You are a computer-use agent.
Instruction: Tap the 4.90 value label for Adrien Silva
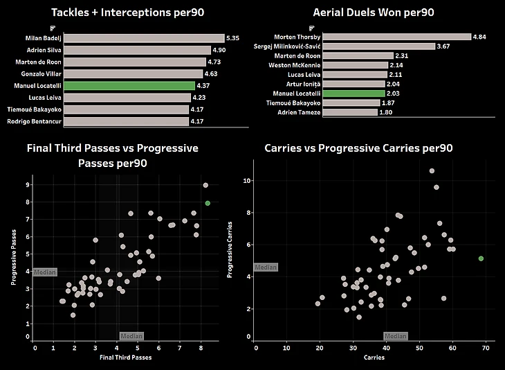[220, 51]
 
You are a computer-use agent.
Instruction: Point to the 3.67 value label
[446, 46]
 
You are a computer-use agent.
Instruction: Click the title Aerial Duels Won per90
[373, 13]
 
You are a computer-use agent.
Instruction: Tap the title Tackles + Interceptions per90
[122, 13]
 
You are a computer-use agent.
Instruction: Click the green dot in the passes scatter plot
[208, 203]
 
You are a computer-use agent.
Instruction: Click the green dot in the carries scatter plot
[481, 258]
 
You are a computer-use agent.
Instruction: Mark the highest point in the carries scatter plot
[432, 170]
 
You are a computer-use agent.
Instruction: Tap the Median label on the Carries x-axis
[396, 336]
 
